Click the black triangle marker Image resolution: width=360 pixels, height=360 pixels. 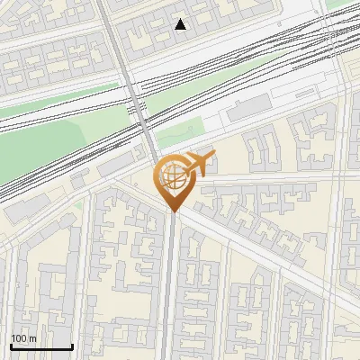181,24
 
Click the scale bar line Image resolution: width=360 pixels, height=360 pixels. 41,347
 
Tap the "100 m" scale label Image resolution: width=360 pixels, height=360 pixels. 23,338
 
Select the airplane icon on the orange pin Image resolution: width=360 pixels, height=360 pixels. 200,163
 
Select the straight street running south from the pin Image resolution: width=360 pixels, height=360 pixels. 170,288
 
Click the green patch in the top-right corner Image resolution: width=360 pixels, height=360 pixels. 346,4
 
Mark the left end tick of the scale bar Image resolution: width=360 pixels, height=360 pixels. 11,346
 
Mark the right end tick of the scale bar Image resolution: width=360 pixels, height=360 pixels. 72,346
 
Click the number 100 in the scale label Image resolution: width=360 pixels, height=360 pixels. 19,338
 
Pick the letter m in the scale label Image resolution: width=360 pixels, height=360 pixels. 32,339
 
